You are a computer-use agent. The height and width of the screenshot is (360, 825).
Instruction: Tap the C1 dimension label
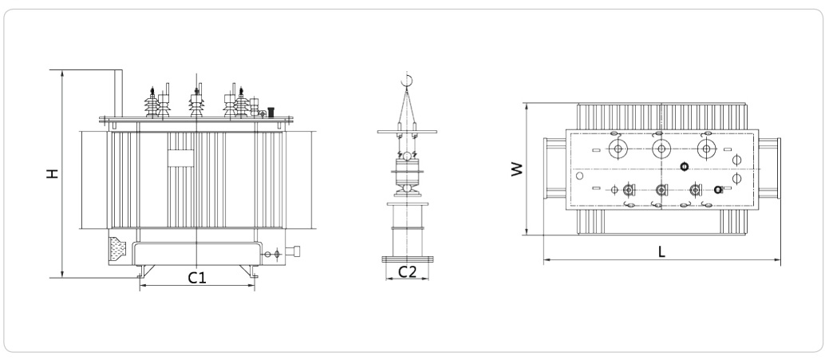(x=197, y=278)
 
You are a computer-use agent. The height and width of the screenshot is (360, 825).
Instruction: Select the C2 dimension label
(x=408, y=271)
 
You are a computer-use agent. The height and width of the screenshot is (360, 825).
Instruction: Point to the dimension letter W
(x=516, y=168)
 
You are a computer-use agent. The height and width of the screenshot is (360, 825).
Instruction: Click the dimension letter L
(x=661, y=251)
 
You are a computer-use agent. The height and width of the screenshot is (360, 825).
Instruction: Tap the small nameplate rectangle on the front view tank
(x=180, y=158)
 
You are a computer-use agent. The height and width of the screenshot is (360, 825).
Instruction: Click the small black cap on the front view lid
(x=271, y=113)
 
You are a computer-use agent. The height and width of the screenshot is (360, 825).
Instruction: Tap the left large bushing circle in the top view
(x=618, y=149)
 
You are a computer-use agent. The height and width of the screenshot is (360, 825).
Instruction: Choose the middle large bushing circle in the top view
(x=661, y=149)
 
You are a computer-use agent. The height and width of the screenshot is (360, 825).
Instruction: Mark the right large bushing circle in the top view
(x=705, y=149)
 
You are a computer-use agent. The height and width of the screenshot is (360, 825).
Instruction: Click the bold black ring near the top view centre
(x=683, y=166)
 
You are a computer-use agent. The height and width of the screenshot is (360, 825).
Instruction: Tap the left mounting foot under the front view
(x=140, y=277)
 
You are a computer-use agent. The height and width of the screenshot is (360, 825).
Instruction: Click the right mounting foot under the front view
(x=255, y=277)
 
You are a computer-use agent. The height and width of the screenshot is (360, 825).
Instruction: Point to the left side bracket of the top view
(x=555, y=170)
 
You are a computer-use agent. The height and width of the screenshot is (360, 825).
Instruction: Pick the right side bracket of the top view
(x=768, y=170)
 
